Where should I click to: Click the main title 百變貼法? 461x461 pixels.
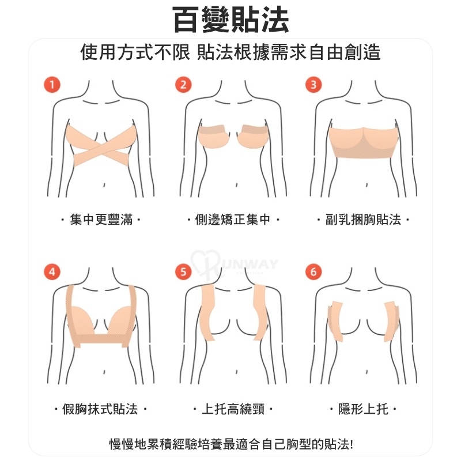231,20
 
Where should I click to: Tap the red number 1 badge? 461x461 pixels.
52,85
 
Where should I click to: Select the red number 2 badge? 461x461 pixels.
183,85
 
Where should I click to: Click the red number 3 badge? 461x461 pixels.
313,85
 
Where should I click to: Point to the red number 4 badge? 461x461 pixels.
52,271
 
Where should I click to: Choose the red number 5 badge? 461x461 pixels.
183,271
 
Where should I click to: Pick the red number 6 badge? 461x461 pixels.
313,271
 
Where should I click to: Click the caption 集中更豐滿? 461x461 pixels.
101,220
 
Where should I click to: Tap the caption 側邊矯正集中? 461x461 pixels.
233,220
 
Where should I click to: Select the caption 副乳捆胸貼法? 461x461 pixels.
363,220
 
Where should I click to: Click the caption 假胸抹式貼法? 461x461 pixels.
100,409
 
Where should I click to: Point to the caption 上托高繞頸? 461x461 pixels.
233,409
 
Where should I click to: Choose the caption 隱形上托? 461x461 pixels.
363,409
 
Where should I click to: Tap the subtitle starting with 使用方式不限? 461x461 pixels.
231,52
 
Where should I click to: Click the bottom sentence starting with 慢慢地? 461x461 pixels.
231,444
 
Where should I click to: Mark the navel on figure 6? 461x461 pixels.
367,372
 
